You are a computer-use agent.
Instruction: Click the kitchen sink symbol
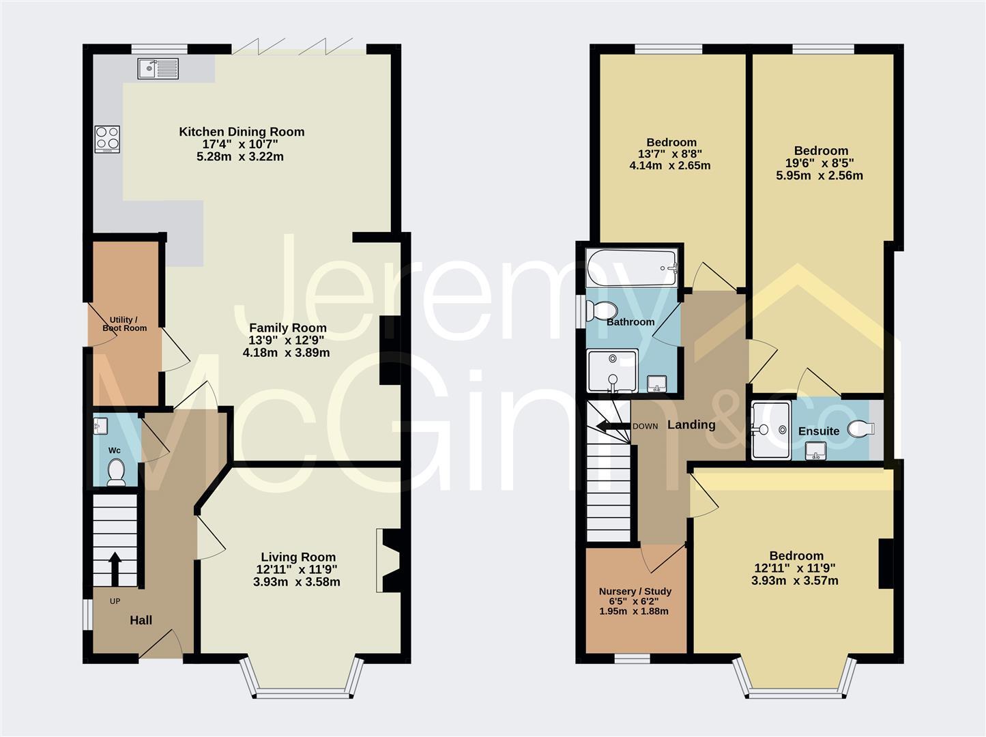[158, 68]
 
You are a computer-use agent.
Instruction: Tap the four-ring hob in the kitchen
[107, 139]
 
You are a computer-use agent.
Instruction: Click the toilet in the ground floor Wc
[116, 471]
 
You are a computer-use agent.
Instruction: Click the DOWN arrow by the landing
[611, 427]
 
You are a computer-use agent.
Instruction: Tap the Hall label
[141, 620]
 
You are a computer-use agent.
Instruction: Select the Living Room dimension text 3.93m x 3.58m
[297, 582]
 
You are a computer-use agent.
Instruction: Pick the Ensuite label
[818, 431]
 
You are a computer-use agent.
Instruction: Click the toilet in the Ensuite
[861, 429]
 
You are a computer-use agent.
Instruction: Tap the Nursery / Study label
[635, 591]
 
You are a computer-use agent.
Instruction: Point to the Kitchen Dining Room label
[242, 132]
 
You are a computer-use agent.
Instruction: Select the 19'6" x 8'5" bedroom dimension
[821, 163]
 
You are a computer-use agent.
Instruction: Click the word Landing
[691, 424]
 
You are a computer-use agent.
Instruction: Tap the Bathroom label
[630, 321]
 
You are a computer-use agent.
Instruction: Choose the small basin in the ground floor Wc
[100, 427]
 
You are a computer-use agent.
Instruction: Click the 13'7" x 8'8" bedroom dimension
[671, 154]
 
